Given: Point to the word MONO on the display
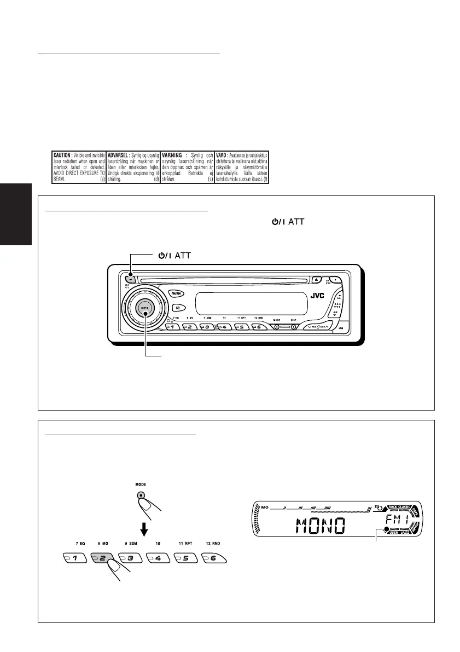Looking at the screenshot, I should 320,526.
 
